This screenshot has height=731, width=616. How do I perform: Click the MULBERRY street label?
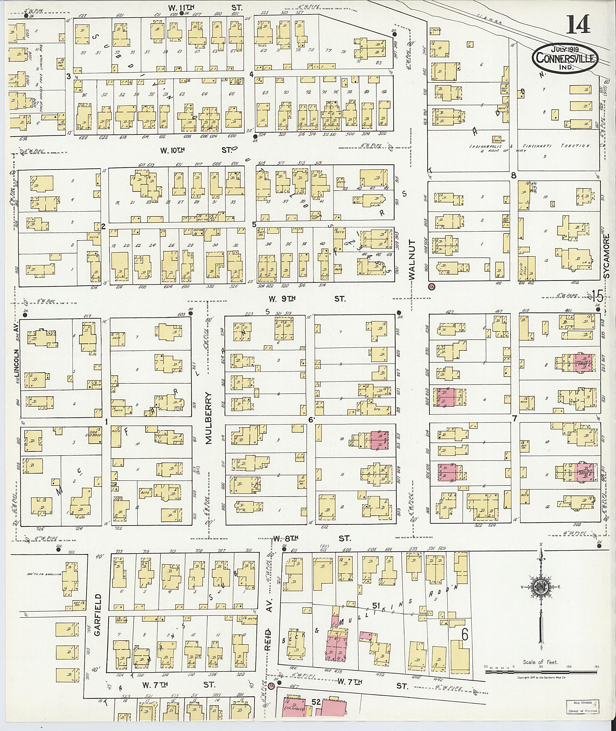[209, 418]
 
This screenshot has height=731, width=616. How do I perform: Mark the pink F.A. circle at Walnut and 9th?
[432, 287]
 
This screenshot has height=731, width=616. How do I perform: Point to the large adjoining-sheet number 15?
[597, 297]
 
